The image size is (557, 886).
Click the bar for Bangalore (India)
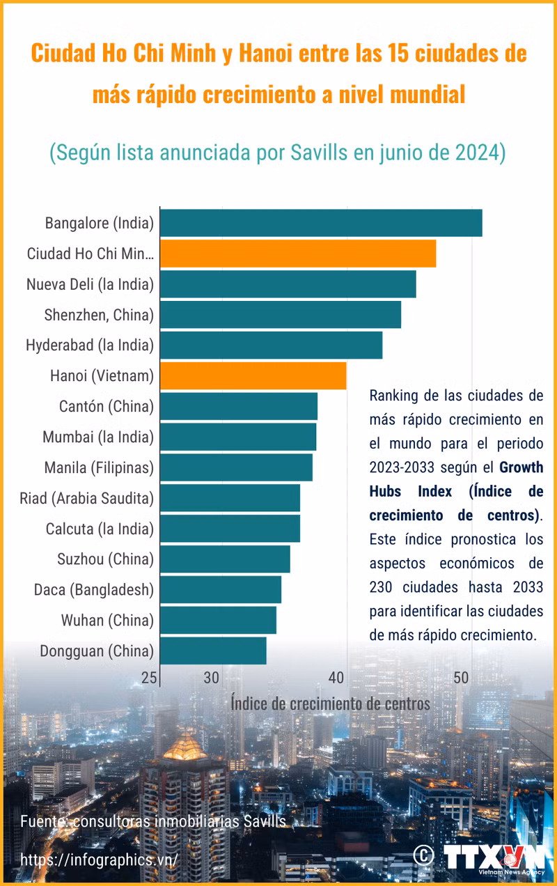[321, 223]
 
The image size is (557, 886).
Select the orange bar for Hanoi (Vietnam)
[253, 376]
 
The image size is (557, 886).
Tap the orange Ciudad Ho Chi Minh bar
[298, 254]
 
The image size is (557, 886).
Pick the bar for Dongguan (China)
[213, 651]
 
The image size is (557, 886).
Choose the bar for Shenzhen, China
[281, 315]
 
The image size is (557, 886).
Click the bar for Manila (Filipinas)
[236, 467]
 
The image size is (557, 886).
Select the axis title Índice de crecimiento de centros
[330, 704]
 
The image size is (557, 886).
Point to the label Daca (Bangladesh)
[93, 590]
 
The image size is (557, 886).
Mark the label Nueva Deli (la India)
[90, 284]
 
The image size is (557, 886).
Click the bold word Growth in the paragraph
[521, 467]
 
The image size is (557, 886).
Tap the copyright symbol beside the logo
[423, 855]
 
